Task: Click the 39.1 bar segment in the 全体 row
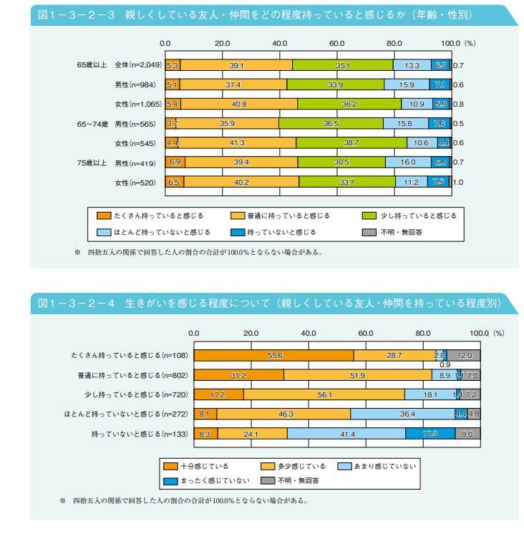(236, 65)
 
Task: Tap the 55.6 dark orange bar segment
(273, 355)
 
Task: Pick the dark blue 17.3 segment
(430, 434)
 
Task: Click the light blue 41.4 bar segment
(346, 434)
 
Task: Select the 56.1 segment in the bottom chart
(324, 394)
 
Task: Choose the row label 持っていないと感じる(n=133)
(127, 434)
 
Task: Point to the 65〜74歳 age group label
(92, 124)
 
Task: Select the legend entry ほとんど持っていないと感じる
(156, 232)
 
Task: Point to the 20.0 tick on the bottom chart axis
(251, 333)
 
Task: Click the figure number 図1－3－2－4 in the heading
(77, 304)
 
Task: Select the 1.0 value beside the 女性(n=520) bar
(459, 183)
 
